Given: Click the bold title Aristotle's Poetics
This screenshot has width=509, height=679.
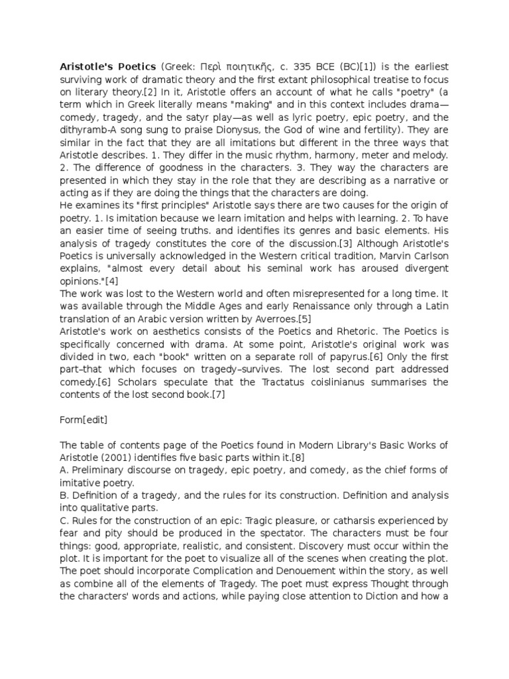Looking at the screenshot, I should coord(104,66).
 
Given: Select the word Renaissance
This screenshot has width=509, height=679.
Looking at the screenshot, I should coord(282,306).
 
